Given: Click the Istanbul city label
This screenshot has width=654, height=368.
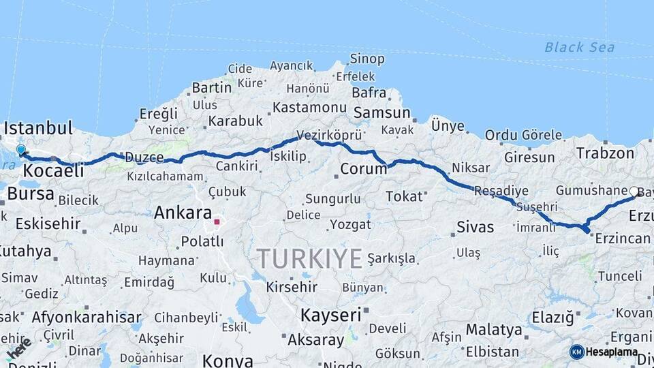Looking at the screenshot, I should click(38, 128).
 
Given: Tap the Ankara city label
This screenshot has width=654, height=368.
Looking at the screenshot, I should click(183, 213).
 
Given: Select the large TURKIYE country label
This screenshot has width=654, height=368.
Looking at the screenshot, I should click(309, 259).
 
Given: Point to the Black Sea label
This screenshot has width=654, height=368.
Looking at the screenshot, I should click(579, 47).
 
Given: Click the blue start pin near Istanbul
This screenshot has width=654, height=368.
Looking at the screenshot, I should click(21, 150).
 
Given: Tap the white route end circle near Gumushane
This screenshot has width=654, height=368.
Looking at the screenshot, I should click(634, 191).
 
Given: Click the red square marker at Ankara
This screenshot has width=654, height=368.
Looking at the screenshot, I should click(217, 221).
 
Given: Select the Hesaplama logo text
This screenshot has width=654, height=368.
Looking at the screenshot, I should click(612, 352).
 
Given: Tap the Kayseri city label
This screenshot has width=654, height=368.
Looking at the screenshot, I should click(330, 315).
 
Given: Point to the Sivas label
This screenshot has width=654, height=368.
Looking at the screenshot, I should click(475, 227).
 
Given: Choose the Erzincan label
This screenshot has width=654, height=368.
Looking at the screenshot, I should click(623, 239).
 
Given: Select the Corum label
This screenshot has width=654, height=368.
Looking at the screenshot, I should click(363, 169).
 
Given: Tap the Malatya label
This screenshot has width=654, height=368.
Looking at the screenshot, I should click(494, 330).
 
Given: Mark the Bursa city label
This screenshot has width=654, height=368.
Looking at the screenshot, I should click(31, 194).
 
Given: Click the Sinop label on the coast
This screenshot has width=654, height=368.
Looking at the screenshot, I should click(367, 59).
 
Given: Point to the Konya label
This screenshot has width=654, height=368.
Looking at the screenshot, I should click(228, 361).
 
